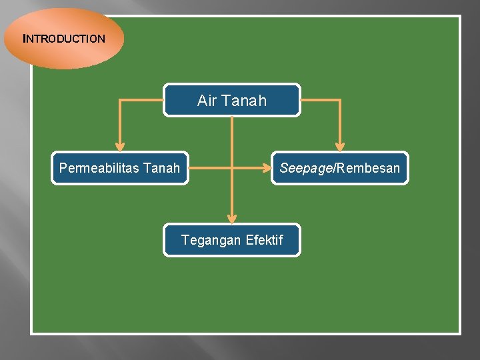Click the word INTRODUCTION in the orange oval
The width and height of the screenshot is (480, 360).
click(65, 39)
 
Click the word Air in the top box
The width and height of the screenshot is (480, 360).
click(206, 101)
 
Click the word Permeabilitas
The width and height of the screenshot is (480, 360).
click(99, 168)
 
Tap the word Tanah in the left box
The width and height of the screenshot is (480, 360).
click(162, 168)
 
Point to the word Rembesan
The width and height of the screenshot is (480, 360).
click(369, 168)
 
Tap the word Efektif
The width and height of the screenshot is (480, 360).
click(265, 240)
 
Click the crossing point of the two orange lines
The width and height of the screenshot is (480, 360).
click(231, 168)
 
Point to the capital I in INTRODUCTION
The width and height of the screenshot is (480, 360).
click(25, 39)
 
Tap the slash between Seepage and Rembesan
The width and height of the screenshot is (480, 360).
click(335, 168)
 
